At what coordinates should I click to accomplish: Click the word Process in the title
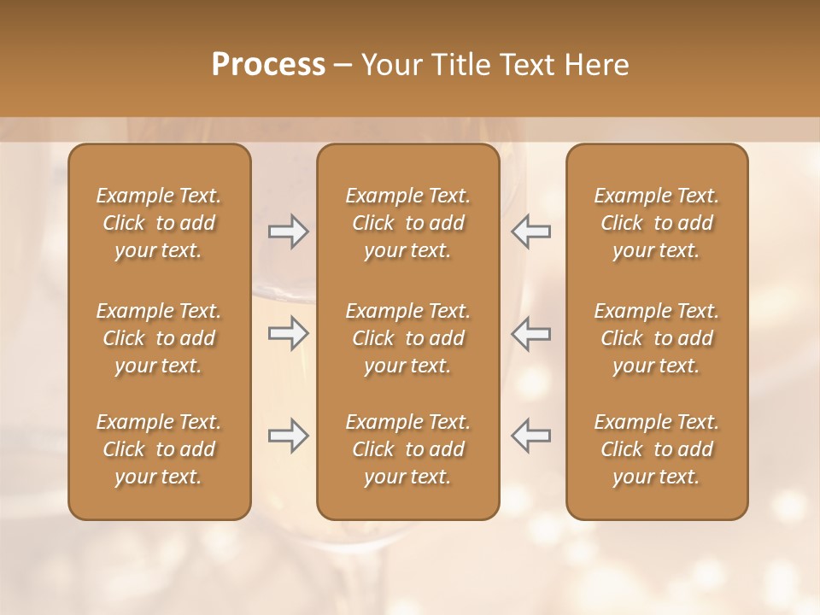click(268, 65)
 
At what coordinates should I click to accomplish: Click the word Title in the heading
click(461, 65)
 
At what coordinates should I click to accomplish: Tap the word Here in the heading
click(595, 65)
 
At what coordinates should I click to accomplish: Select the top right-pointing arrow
click(288, 231)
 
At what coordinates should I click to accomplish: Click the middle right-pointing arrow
click(288, 333)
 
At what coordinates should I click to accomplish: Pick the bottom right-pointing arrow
click(288, 436)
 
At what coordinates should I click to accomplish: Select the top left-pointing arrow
click(531, 231)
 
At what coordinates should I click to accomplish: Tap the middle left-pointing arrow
click(531, 333)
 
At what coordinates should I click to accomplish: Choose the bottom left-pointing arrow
click(531, 436)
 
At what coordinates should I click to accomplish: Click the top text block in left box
click(159, 223)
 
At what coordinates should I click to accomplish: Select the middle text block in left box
click(159, 338)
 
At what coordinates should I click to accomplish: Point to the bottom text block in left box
click(159, 449)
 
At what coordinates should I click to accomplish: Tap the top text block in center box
click(407, 223)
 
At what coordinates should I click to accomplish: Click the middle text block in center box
click(407, 338)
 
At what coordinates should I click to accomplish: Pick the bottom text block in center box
click(407, 449)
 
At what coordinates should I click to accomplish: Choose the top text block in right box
click(656, 223)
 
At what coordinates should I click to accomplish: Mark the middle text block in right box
click(656, 338)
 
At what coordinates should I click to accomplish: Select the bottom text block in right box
click(656, 449)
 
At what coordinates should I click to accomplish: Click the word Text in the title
click(529, 65)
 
